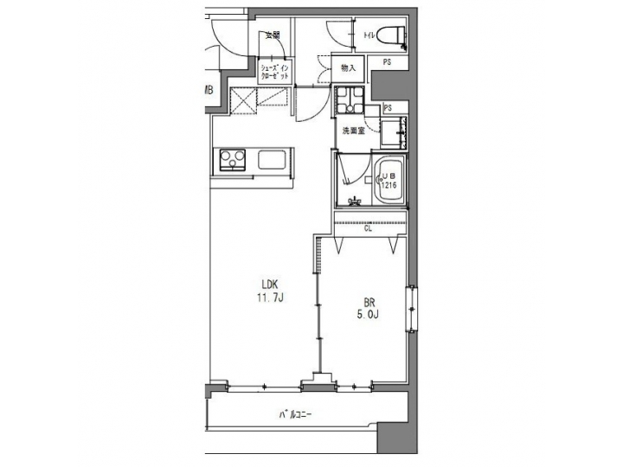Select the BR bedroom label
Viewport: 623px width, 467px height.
tap(369, 303)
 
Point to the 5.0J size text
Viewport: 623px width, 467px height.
tap(369, 316)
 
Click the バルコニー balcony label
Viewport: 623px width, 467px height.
tap(295, 414)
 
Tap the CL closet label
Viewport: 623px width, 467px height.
tap(369, 229)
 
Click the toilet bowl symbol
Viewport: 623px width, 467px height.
tap(395, 36)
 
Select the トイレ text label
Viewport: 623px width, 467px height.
tap(370, 35)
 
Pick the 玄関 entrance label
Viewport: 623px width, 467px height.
tap(273, 35)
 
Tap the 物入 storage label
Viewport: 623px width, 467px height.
tap(349, 67)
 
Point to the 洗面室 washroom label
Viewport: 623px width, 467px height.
tap(352, 131)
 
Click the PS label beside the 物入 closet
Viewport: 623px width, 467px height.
tap(387, 61)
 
